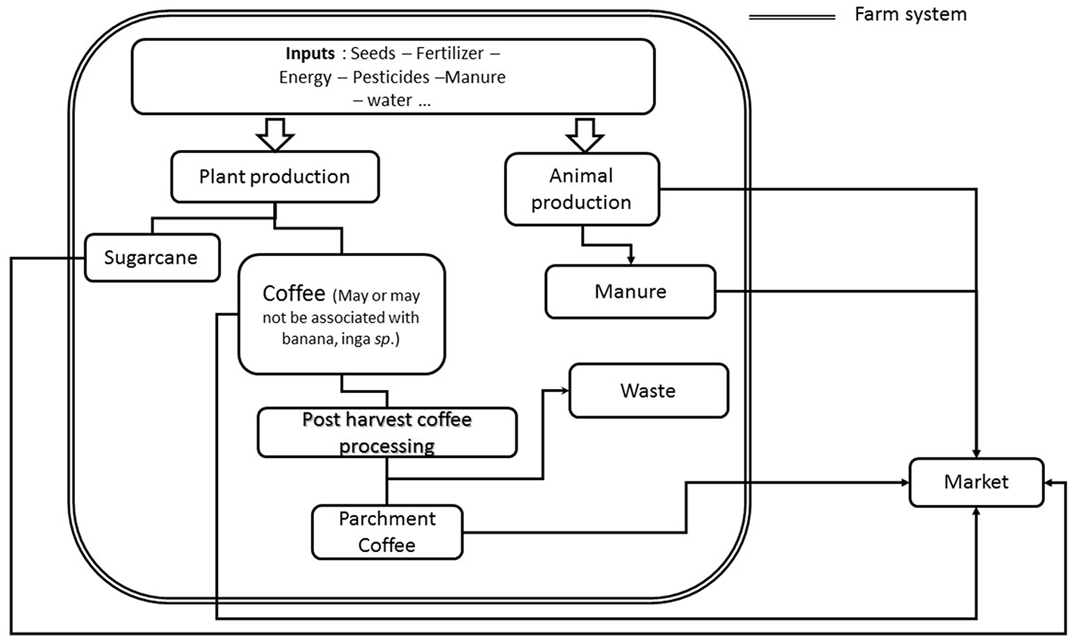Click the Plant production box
point(274,177)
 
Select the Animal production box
point(580,189)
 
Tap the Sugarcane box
point(151,257)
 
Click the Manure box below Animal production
point(630,291)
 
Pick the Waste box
point(648,391)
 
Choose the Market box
point(975,482)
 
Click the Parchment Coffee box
point(387,531)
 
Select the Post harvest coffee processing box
point(387,432)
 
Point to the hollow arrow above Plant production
point(275,133)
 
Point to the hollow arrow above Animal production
point(585,133)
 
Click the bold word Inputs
point(309,55)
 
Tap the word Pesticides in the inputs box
point(400,77)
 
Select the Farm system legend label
point(910,14)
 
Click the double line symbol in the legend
point(792,17)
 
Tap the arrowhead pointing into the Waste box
point(564,391)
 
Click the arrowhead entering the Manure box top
point(630,260)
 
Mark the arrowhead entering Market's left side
point(905,482)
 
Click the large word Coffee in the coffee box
point(294,293)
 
